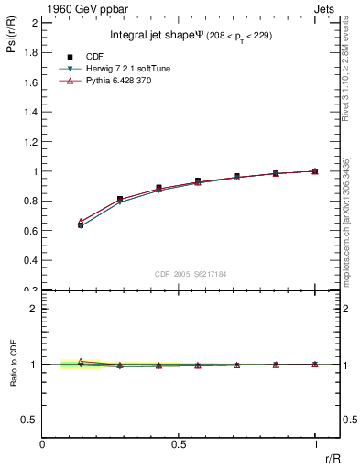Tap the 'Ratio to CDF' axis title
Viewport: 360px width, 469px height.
pos(14,378)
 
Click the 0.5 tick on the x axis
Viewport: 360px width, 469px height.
pos(179,444)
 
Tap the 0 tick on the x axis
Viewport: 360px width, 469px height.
pos(43,444)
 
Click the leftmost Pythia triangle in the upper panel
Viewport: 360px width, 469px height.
pos(82,222)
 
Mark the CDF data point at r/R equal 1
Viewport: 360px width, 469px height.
pos(314,170)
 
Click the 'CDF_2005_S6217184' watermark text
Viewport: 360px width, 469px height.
pos(191,273)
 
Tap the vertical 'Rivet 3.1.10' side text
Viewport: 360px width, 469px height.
pos(346,72)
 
